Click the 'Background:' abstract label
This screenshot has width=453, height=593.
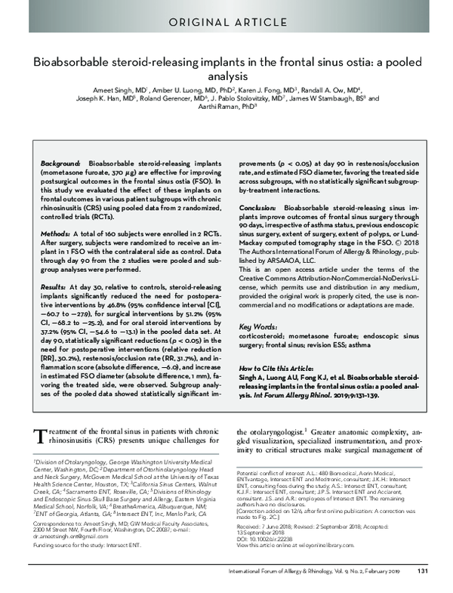tap(61, 163)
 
